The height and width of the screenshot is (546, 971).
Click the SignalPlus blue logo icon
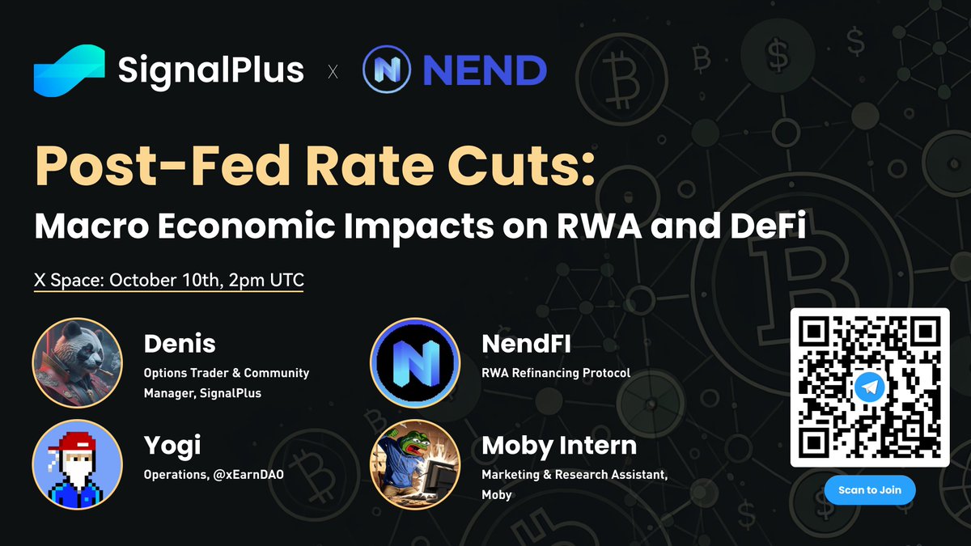tap(69, 70)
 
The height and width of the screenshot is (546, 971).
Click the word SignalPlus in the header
tap(211, 70)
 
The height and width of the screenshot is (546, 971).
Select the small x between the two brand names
tap(333, 73)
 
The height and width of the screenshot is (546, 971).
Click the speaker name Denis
tap(180, 344)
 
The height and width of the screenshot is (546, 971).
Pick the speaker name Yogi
tap(172, 446)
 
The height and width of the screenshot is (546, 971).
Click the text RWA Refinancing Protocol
tap(556, 374)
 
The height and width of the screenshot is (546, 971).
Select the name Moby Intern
tap(559, 446)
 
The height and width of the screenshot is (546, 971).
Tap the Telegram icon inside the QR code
tap(869, 388)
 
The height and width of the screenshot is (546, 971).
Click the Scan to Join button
tap(869, 490)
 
